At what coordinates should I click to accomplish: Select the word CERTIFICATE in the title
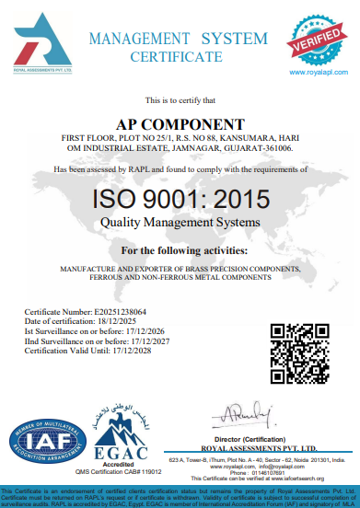click(176, 56)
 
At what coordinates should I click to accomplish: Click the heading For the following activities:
click(184, 250)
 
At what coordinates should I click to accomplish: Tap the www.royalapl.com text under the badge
click(318, 70)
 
